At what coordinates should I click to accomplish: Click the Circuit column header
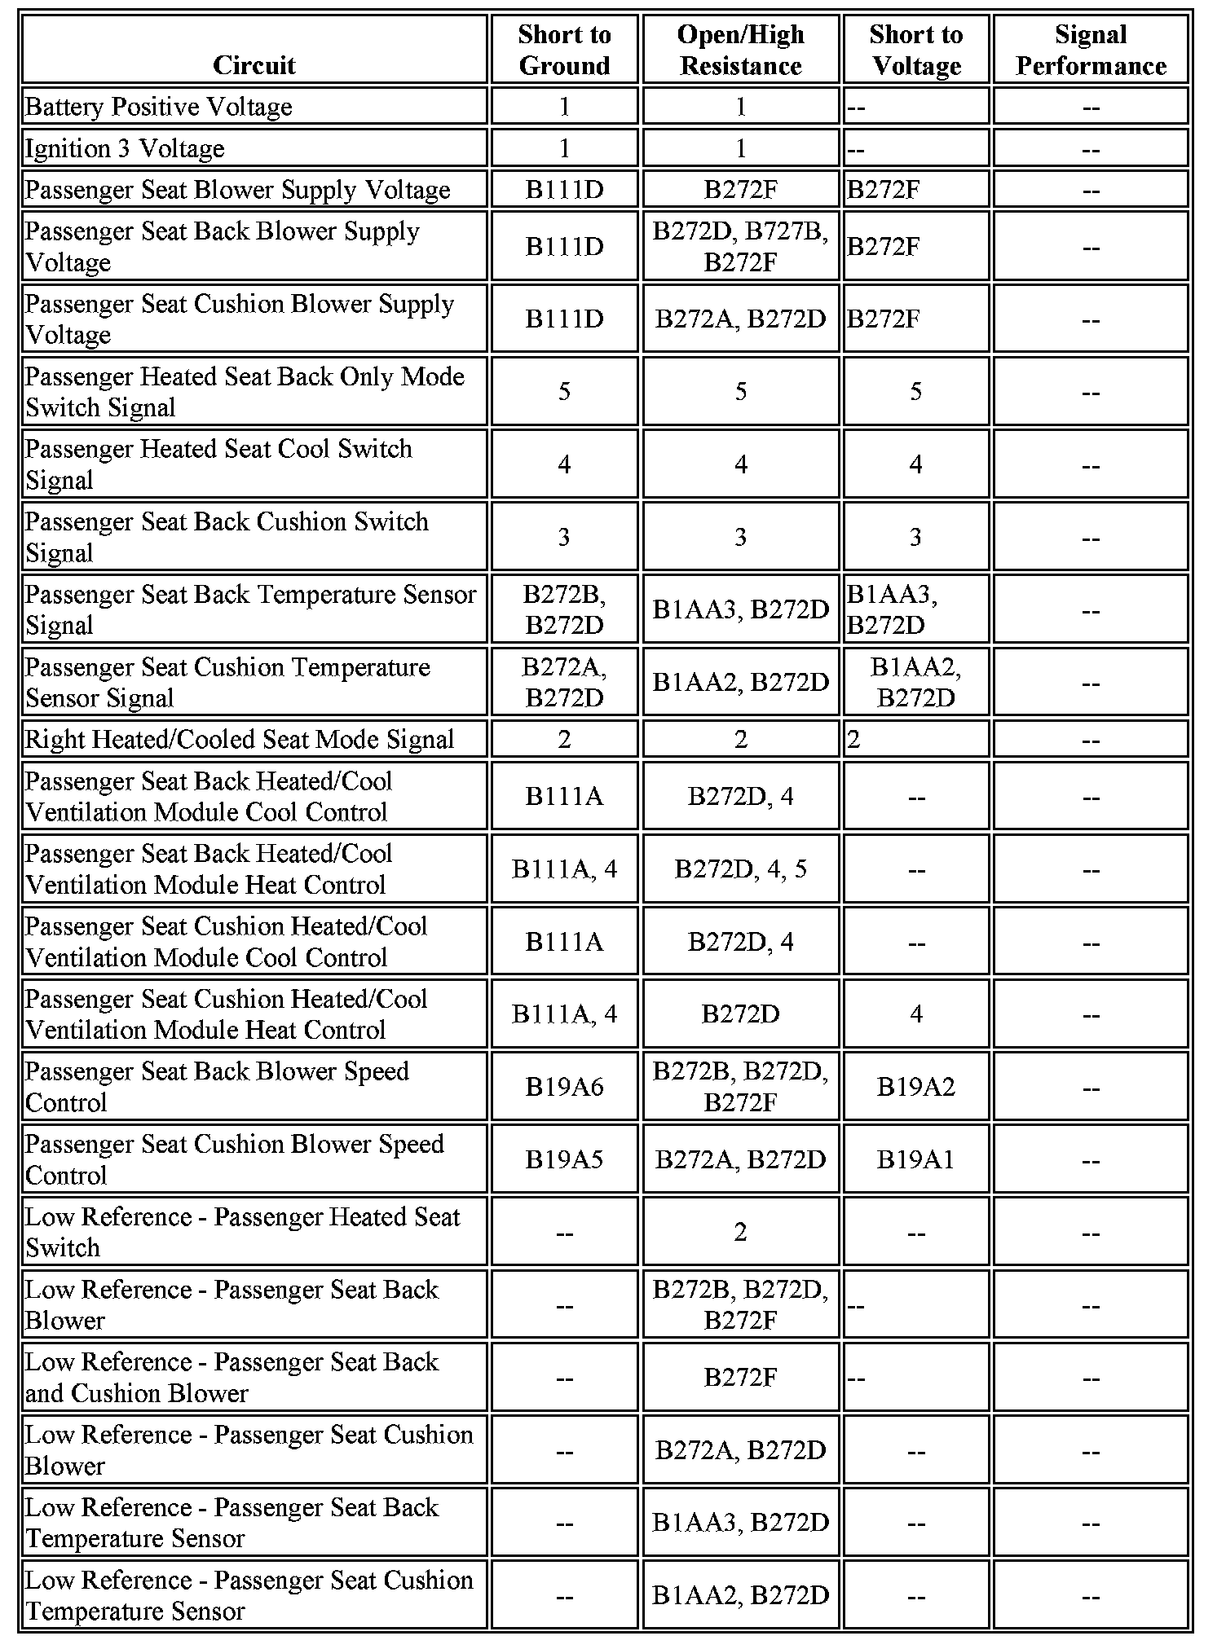pos(254,65)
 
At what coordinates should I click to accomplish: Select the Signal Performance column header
pos(1091,50)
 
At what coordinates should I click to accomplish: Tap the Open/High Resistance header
pos(740,50)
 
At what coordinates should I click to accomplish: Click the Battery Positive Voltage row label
pos(159,107)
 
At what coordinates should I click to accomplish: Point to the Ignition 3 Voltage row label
pos(125,148)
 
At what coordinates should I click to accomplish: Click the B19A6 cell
pos(564,1087)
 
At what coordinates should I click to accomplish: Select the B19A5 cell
pos(564,1159)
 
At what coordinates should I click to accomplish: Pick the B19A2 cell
pos(915,1087)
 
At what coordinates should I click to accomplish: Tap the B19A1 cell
pos(915,1159)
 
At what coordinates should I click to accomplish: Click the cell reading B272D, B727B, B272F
pos(740,246)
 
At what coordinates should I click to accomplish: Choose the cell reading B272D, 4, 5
pos(740,868)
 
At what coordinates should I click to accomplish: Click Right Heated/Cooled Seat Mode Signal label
pos(240,739)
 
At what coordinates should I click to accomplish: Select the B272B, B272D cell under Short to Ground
pos(564,609)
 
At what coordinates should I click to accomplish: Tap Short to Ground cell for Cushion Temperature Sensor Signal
pos(564,682)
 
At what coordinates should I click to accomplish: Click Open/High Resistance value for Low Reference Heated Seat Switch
pos(740,1232)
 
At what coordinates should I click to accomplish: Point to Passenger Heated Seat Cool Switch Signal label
pos(218,464)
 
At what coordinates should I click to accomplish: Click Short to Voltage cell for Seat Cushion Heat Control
pos(915,1014)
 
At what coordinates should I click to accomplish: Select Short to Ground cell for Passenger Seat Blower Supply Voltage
pos(564,190)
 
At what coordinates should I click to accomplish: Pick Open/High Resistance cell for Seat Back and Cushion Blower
pos(740,1377)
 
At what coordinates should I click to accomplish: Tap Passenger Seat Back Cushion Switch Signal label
pos(227,536)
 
